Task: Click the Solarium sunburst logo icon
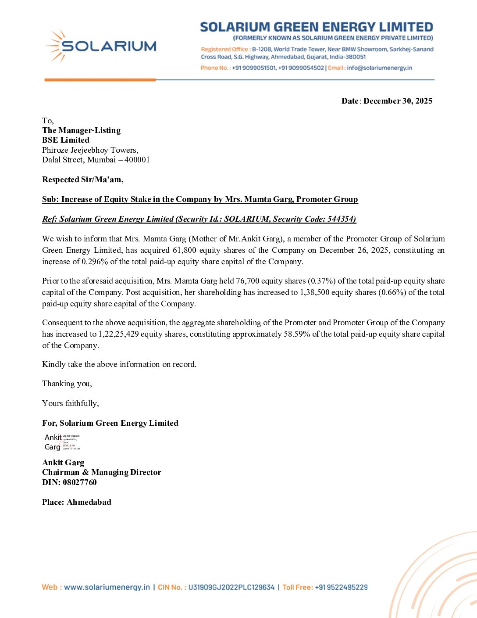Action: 56,46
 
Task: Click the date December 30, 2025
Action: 398,101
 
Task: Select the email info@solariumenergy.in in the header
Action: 379,68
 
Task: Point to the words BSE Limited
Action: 66,140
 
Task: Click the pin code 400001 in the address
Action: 137,160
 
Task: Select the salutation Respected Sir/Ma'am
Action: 82,180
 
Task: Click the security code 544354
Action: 341,219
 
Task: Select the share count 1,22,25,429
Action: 118,334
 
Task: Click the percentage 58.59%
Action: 297,334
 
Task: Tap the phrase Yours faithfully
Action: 70,403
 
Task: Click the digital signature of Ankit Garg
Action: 62,442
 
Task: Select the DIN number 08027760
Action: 79,482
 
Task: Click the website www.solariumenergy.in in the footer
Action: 107,587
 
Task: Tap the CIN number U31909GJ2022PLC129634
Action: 231,587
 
